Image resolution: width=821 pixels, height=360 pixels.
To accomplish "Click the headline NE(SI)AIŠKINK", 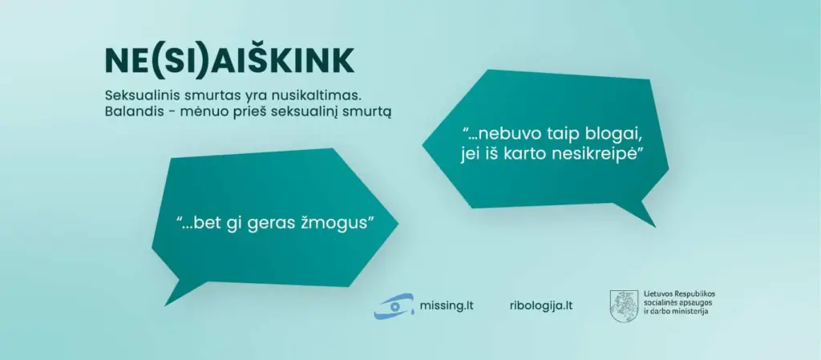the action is coord(229,62).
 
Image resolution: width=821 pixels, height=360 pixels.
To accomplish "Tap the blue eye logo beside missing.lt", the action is coord(394,306).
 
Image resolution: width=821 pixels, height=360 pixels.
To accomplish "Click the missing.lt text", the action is coord(447,305).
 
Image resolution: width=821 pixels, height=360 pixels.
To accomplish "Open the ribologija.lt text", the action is coord(541,305).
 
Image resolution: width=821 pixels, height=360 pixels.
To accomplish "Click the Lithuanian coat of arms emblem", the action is coord(624,306).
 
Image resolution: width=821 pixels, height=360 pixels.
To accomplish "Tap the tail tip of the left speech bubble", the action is coord(165,305).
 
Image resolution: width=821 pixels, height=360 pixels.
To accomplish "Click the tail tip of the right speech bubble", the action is coord(656,227).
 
